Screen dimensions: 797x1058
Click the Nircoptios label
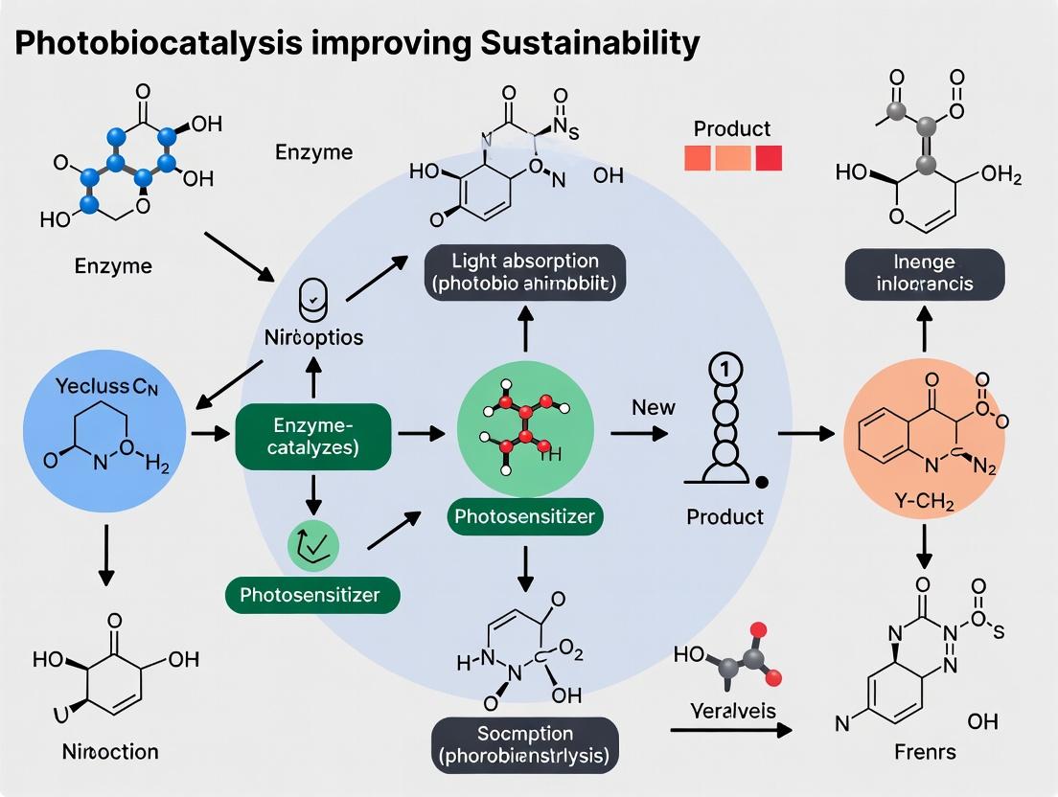pos(313,338)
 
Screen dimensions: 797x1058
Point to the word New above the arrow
pos(653,407)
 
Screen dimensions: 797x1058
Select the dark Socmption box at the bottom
pos(524,744)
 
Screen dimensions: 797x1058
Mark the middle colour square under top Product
pos(733,158)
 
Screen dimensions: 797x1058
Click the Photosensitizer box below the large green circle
pos(524,516)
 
